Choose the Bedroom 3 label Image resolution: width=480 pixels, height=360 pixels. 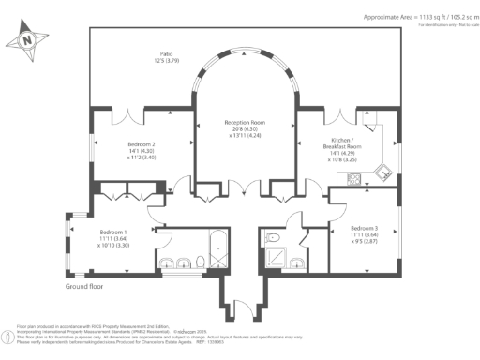tap(366, 229)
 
